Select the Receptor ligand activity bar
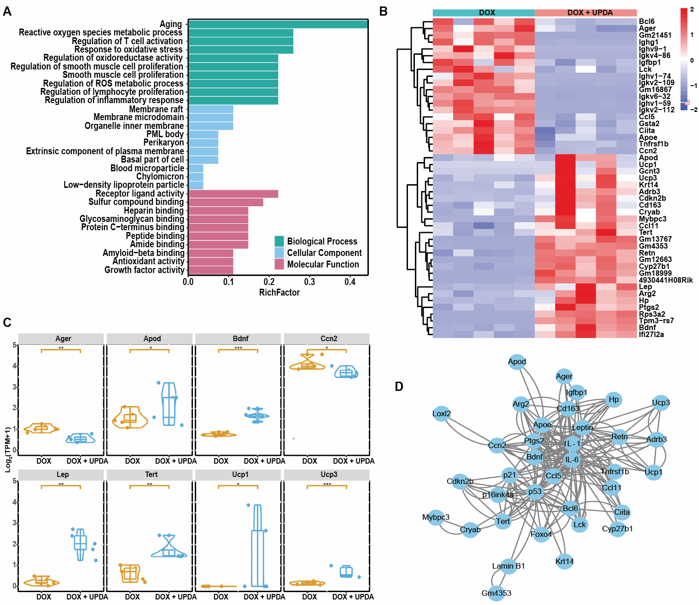pos(233,194)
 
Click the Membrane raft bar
pos(210,109)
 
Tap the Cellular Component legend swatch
pos(279,253)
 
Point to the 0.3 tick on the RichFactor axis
pos(309,281)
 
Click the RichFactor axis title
pos(279,292)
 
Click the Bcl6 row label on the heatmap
pos(647,22)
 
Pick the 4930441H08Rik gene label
pos(665,280)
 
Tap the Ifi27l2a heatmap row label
pos(651,334)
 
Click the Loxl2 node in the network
pos(442,413)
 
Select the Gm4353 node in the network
pos(496,593)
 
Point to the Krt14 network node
pos(565,561)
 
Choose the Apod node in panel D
pos(517,362)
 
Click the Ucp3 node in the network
pos(661,403)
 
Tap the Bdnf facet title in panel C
pos(240,338)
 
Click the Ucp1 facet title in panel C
pos(240,474)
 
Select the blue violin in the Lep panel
pos(81,544)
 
